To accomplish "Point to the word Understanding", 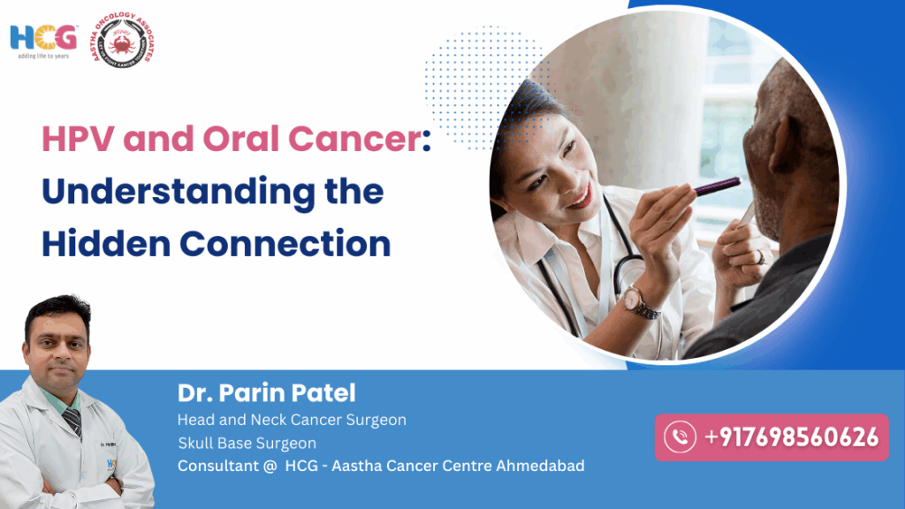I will tap(212, 192).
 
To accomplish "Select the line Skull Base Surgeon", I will tap(247, 443).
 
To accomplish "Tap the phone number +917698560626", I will tap(791, 437).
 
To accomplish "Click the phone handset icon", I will tap(680, 437).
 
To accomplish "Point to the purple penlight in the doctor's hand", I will tap(717, 186).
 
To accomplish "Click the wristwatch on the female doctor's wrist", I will tap(637, 301).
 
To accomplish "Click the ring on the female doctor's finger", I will tap(759, 256).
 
